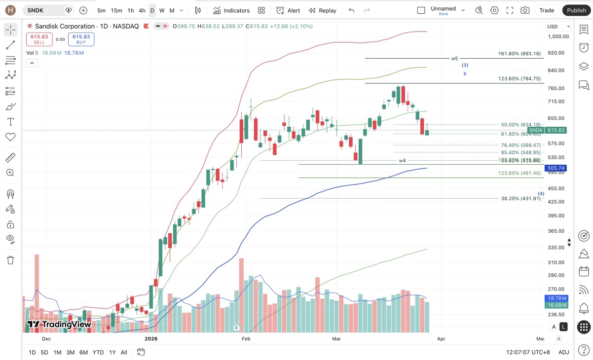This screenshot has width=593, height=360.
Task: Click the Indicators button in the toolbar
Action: pyautogui.click(x=231, y=10)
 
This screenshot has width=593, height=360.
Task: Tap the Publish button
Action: pyautogui.click(x=576, y=10)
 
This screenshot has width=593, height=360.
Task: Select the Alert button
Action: pyautogui.click(x=288, y=10)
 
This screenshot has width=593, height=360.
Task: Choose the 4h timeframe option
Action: pyautogui.click(x=142, y=10)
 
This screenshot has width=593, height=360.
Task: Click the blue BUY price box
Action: pyautogui.click(x=81, y=39)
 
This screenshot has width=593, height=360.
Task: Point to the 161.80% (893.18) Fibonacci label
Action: pyautogui.click(x=519, y=54)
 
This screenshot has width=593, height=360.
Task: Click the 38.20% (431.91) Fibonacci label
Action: pyautogui.click(x=520, y=199)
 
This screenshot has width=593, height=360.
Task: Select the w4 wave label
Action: pyautogui.click(x=402, y=161)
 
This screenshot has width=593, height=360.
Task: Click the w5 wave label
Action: pyautogui.click(x=454, y=58)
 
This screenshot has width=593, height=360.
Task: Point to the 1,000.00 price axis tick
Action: pyautogui.click(x=558, y=36)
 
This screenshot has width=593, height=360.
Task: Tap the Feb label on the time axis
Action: pyautogui.click(x=246, y=339)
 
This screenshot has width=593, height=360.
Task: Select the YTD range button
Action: pyautogui.click(x=98, y=352)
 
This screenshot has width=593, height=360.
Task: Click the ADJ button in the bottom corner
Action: pyautogui.click(x=563, y=352)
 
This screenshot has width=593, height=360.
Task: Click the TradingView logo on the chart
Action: pyautogui.click(x=59, y=324)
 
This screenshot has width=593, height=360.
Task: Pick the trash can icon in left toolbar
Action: pyautogui.click(x=10, y=260)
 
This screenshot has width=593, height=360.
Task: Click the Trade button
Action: pyautogui.click(x=547, y=10)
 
